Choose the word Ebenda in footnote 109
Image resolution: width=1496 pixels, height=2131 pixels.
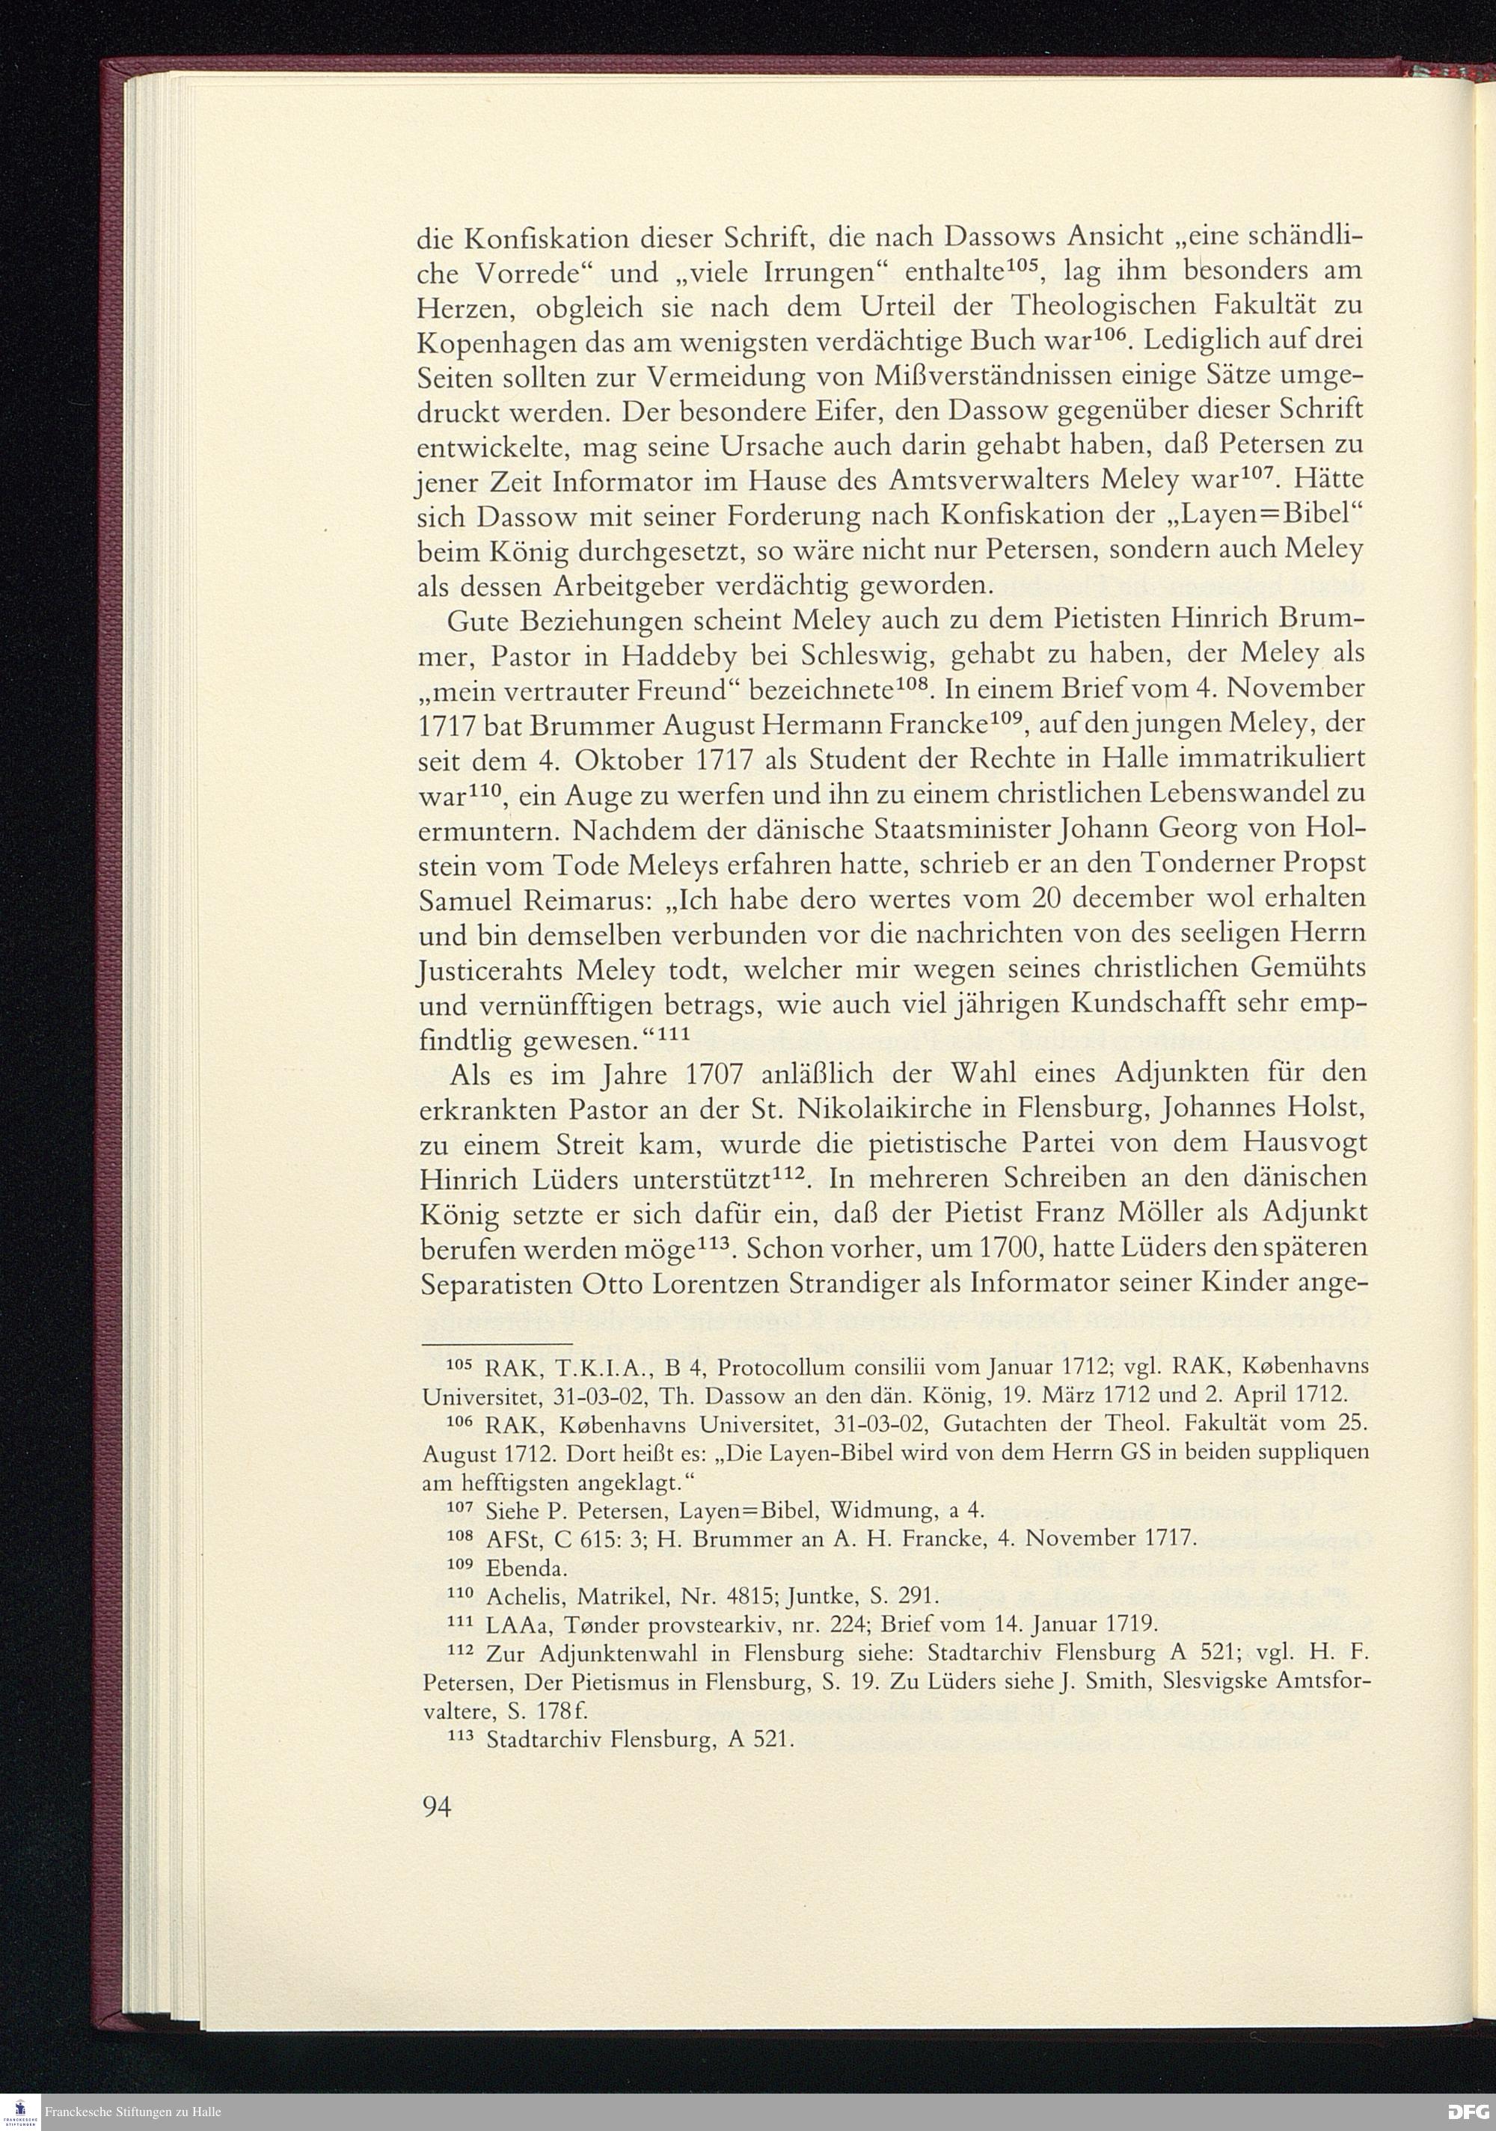point(525,1569)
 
